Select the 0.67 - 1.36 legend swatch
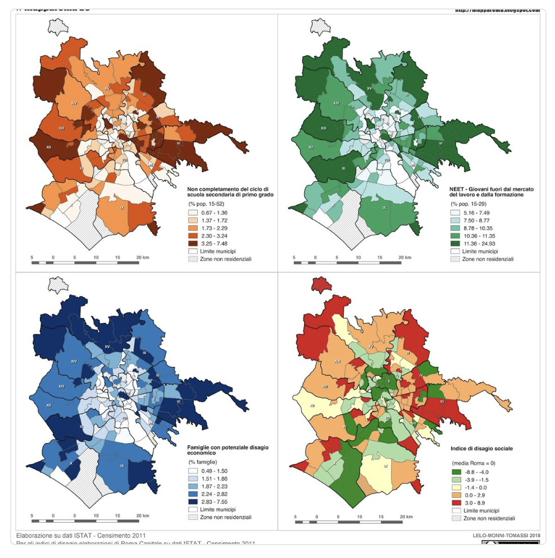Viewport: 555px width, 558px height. tap(193, 213)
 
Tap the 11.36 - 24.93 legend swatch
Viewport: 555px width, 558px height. tap(456, 244)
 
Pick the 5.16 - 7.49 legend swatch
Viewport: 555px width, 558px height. tap(456, 213)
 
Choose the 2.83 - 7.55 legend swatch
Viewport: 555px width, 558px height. tap(193, 501)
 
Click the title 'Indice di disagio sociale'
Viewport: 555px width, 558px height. tap(481, 449)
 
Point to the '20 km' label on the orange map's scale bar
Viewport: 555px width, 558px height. tap(142, 257)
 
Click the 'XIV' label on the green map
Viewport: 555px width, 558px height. tap(336, 103)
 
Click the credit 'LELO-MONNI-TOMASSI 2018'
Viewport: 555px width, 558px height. tap(506, 536)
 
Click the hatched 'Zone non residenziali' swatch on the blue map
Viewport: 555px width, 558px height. tap(193, 517)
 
